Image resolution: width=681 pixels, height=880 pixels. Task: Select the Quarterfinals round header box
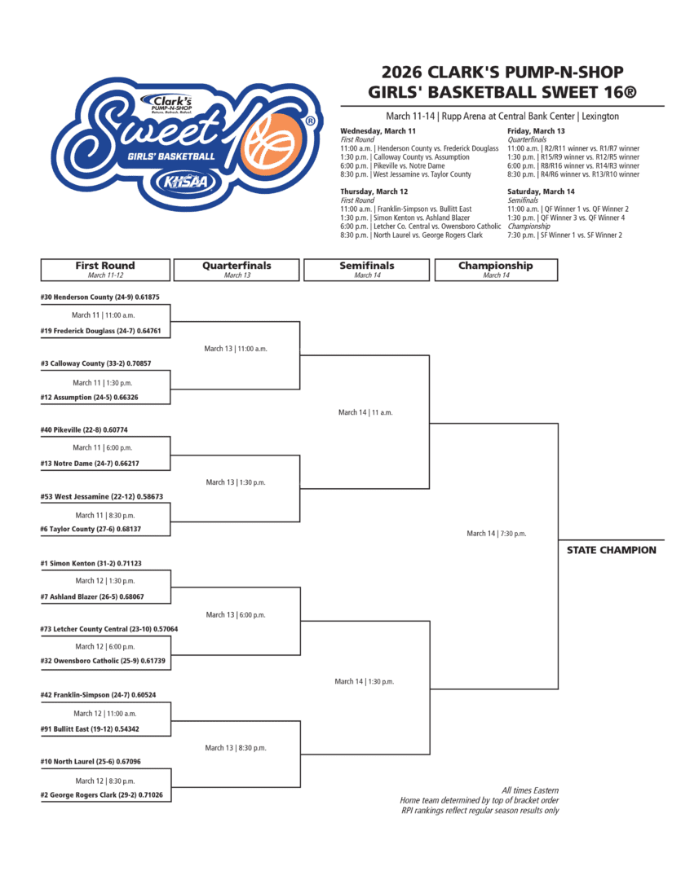237,270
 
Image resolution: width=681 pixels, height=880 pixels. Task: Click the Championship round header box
496,270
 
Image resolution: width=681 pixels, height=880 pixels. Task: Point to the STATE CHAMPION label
611,550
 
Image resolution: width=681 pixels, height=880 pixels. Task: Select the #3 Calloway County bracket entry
95,363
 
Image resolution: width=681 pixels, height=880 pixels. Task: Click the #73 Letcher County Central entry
108,629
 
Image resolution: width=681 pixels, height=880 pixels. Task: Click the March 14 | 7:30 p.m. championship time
496,534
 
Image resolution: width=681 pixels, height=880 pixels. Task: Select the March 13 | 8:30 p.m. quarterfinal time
236,747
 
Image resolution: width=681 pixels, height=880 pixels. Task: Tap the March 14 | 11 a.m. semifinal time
365,412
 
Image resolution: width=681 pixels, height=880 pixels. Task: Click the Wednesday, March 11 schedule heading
378,131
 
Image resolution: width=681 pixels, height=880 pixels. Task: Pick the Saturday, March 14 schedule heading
542,191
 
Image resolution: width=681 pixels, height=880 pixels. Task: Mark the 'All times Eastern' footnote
530,790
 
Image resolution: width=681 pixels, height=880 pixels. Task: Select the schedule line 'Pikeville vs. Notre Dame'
397,166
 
